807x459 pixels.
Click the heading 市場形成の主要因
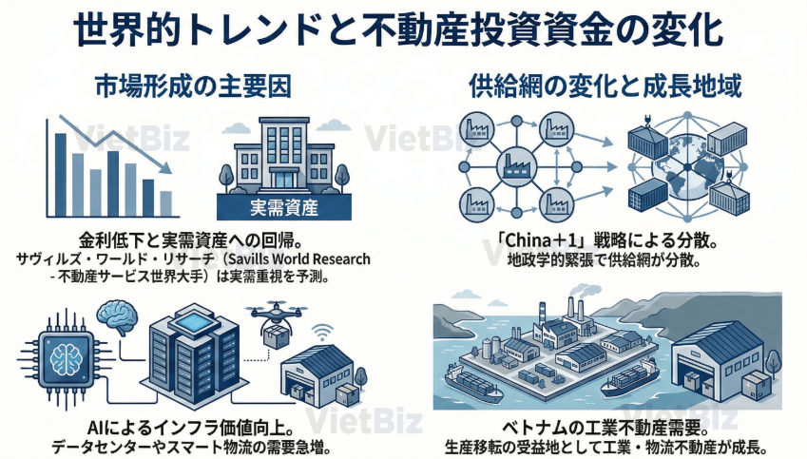click(193, 87)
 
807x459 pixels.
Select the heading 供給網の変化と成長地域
click(606, 87)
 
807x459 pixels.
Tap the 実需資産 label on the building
click(282, 206)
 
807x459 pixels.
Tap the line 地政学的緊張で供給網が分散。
click(605, 258)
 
